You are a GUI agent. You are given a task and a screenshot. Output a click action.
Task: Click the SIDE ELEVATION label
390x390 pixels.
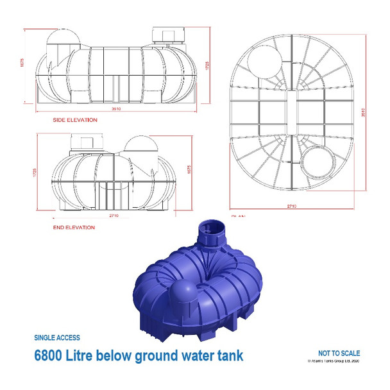pyautogui.click(x=75, y=119)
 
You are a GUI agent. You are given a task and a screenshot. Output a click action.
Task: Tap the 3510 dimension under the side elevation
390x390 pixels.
pyautogui.click(x=116, y=109)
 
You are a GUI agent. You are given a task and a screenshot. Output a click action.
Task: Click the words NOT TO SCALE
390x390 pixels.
pyautogui.click(x=339, y=353)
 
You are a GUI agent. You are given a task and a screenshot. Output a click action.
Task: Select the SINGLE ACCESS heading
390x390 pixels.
pyautogui.click(x=57, y=337)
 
